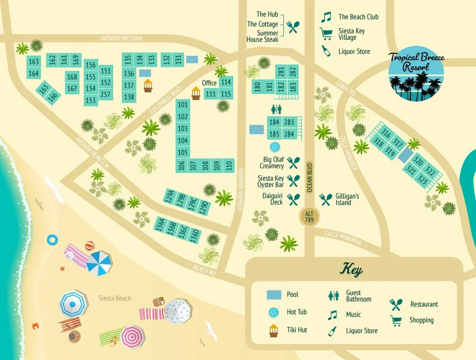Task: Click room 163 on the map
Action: coord(34,61)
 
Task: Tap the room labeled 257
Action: coord(106,94)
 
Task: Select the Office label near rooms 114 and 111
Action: coord(209,83)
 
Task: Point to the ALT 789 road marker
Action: coord(310,217)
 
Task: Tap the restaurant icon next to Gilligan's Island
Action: coord(326,199)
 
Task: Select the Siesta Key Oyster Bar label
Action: coord(271,181)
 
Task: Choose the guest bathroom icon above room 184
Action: coord(276,110)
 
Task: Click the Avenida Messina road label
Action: coord(121,38)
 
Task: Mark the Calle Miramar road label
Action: coord(343,238)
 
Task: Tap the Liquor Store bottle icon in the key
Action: coord(332,331)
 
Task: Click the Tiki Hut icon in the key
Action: coord(273,330)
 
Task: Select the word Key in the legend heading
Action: coord(351,270)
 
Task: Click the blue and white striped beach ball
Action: coord(52,240)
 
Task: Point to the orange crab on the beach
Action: coord(35,326)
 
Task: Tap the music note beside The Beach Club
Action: coord(326,17)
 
